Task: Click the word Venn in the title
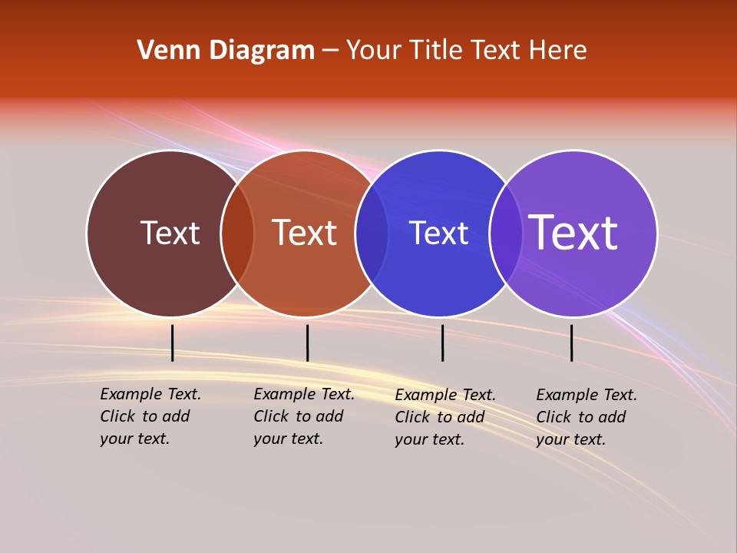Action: point(163,51)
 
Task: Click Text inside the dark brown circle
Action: point(170,233)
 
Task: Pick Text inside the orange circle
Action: point(304,233)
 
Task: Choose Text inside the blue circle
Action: point(438,233)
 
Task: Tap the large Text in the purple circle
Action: point(573,233)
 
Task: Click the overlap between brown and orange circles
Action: point(237,233)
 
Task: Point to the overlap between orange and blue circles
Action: point(372,233)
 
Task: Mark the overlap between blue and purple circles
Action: point(506,233)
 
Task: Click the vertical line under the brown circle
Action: point(173,343)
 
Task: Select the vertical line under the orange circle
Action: point(307,343)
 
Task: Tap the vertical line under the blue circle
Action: point(442,343)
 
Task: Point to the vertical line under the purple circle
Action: point(571,343)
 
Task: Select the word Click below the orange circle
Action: point(272,416)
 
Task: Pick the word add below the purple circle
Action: point(612,417)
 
